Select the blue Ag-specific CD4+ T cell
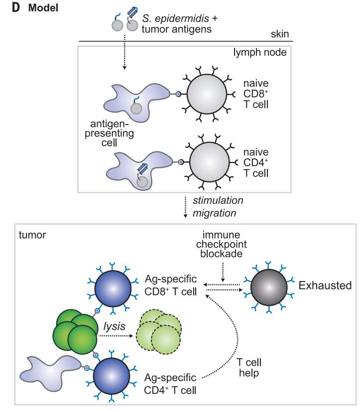(x=113, y=378)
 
